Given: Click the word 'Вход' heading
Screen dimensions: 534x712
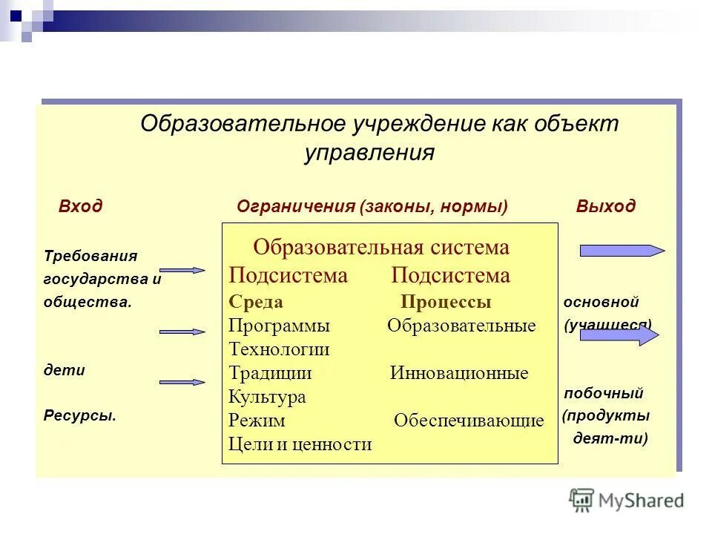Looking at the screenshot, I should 80,207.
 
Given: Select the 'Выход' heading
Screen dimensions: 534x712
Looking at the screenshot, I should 605,207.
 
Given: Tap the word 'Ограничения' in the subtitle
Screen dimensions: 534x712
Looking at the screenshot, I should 296,207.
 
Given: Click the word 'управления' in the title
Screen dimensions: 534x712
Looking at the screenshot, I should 369,153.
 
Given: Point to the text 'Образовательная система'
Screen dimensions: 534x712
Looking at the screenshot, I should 381,248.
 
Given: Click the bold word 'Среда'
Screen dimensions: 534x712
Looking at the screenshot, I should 256,303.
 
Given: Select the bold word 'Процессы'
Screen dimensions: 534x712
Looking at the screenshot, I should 446,303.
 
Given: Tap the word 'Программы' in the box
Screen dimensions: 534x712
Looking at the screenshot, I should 279,326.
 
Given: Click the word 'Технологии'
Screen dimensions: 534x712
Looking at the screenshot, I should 279,349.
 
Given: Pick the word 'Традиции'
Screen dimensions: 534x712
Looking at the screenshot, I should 270,373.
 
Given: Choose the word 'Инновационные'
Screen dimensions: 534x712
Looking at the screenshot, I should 459,373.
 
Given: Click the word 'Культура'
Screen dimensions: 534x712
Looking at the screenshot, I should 267,397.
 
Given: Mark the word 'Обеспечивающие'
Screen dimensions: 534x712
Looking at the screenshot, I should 469,421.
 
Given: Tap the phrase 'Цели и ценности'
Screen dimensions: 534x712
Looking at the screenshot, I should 300,444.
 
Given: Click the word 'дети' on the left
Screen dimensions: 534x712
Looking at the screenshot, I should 64,370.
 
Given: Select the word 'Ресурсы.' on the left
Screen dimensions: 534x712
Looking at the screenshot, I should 79,416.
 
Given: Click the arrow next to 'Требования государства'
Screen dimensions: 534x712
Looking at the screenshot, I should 182,271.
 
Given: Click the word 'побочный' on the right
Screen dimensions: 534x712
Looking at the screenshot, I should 603,393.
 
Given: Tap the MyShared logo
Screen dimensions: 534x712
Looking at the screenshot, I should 627,500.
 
